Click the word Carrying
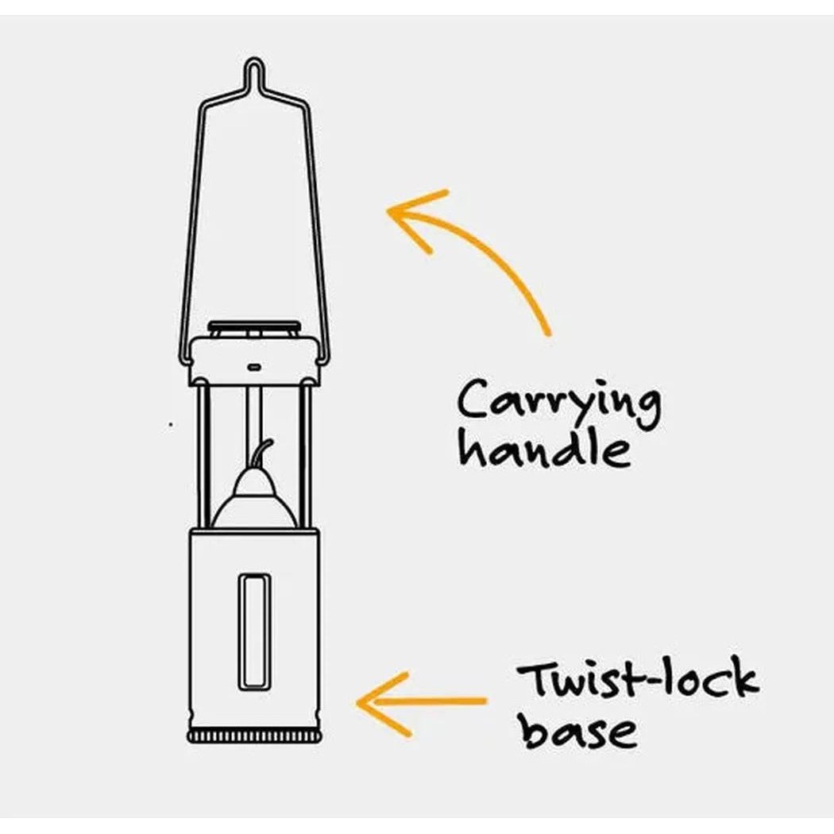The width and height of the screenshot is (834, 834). click(558, 403)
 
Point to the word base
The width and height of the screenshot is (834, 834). click(578, 728)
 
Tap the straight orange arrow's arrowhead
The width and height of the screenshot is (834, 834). click(383, 703)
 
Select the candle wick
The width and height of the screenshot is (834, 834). click(263, 455)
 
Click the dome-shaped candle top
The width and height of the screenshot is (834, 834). click(254, 500)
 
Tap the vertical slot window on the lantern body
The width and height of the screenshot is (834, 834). click(253, 632)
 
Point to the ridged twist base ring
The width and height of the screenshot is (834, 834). click(255, 736)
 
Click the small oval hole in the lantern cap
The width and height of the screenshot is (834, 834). click(254, 366)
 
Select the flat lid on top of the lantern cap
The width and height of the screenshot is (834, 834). click(254, 326)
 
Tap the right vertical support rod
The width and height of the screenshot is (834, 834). click(305, 457)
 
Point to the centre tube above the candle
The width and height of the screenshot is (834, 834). click(253, 426)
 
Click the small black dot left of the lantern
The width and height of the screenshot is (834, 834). click(171, 424)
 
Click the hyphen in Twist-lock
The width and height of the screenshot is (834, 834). click(647, 681)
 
